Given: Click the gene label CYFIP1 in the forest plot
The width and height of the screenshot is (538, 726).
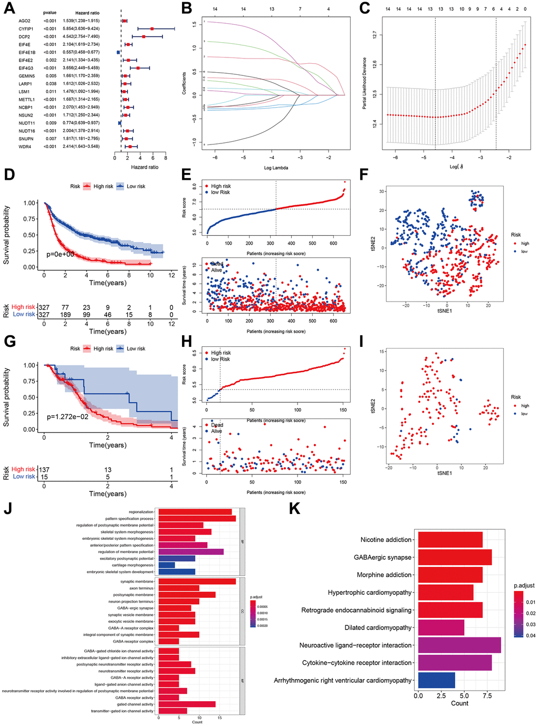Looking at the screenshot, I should [x=26, y=29].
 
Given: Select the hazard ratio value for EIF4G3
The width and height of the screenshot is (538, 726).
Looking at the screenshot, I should [x=81, y=68].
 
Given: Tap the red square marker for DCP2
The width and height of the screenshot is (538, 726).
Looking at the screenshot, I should [x=143, y=36].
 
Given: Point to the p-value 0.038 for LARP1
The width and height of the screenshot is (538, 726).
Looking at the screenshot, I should [x=51, y=84].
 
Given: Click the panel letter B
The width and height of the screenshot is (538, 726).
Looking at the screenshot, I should [x=186, y=8].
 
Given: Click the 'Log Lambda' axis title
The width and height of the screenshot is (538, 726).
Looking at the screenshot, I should [x=276, y=168].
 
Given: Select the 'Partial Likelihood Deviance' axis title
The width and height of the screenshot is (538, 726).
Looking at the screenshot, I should [x=364, y=84].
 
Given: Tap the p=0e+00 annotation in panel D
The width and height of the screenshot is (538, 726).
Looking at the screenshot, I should [x=60, y=254].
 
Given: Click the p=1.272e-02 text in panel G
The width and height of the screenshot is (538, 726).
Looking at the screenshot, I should [x=68, y=417].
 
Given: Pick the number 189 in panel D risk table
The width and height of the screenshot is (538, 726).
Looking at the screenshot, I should [x=65, y=315].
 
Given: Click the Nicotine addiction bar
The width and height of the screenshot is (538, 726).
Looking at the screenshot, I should [x=450, y=540].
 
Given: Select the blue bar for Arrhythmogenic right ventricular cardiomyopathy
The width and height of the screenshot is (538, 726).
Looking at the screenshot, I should [x=437, y=680].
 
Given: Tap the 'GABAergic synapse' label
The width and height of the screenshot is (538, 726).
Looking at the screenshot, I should [x=382, y=557].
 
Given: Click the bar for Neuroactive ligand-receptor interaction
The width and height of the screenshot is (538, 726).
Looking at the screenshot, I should [x=459, y=645].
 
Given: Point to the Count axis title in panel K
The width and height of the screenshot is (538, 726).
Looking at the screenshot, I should [x=459, y=703].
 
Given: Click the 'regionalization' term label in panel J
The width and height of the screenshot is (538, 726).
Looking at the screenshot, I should [x=141, y=512].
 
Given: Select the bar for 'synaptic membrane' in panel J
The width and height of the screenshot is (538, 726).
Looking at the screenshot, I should [x=197, y=582].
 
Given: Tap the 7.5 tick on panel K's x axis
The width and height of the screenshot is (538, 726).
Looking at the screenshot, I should [x=487, y=696].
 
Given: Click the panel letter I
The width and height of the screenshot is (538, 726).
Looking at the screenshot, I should [x=361, y=342].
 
